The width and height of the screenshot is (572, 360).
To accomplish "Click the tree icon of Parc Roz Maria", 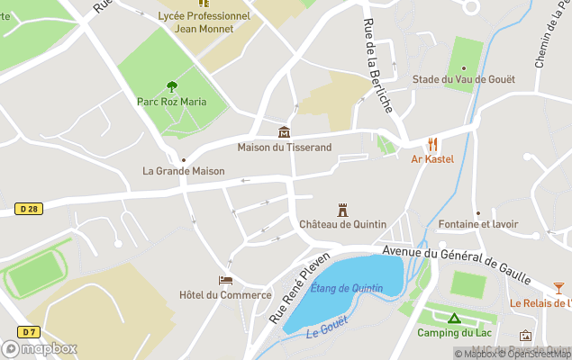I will coord(171,86).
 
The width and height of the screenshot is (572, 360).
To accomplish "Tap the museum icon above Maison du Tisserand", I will coord(284,132).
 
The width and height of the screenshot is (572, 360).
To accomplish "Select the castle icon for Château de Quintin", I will coord(342,210).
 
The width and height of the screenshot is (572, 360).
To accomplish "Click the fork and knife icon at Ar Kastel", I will coord(432,144).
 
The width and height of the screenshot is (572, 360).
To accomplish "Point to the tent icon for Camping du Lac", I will coord(454,319).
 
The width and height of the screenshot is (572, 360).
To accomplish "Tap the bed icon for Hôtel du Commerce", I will coord(225,281).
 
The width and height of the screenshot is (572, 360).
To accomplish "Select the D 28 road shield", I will coord(28,209).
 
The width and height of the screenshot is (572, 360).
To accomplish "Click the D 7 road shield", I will coord(28,308).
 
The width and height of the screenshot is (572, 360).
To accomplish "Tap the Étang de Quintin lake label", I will coord(346,288).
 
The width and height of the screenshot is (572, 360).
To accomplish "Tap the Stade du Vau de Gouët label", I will coord(463,79).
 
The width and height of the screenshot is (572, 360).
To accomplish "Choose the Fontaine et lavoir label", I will coord(477,224).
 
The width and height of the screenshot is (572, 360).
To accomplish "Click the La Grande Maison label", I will coord(183,170).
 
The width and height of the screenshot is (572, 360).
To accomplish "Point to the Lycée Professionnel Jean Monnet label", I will coord(204,22).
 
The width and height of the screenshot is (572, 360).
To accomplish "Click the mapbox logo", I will coord(40,348).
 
